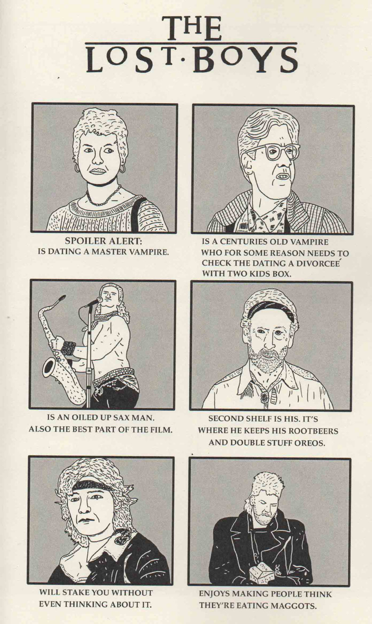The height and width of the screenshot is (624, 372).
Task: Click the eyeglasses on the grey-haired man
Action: pyautogui.click(x=273, y=152)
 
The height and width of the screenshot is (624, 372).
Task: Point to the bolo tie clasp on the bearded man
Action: pyautogui.click(x=265, y=396)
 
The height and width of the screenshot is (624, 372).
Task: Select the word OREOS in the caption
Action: pyautogui.click(x=310, y=443)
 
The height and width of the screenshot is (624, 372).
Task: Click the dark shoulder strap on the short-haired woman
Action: pyautogui.click(x=138, y=212)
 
